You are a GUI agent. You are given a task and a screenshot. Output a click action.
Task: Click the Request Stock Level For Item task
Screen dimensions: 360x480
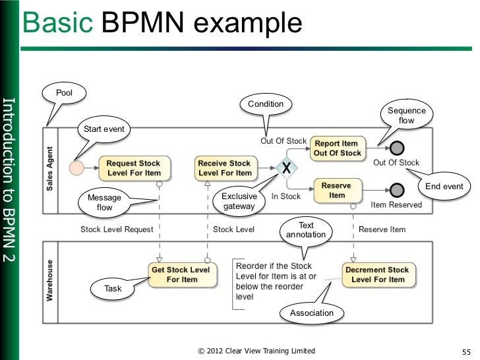(x=134, y=168)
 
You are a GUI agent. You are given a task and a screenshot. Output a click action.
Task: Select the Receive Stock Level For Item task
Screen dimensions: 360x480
(x=225, y=168)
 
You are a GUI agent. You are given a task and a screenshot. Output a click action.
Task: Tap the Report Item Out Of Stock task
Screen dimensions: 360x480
(x=337, y=148)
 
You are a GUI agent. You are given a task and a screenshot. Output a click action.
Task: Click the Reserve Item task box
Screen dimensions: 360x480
(x=336, y=191)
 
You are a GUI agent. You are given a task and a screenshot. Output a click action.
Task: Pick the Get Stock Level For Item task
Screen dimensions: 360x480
(x=181, y=274)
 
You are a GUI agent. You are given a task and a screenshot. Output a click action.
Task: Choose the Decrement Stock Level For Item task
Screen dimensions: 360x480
(x=378, y=274)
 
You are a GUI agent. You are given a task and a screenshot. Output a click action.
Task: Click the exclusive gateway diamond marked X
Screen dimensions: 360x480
(x=286, y=169)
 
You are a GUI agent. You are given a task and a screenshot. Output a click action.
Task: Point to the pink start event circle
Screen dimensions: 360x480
(x=76, y=168)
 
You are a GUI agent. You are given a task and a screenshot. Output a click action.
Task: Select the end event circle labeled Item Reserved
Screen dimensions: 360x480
(x=396, y=191)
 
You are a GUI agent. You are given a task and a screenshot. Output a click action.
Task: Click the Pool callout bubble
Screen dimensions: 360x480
(x=65, y=93)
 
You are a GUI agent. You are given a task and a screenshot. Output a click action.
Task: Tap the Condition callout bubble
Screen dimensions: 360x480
(x=266, y=104)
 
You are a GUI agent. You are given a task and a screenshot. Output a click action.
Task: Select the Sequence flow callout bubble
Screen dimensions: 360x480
(x=406, y=115)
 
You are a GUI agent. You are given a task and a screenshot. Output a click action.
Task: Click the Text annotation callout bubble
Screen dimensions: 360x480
(x=307, y=230)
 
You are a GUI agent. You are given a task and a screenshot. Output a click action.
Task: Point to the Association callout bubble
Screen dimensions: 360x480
(x=312, y=313)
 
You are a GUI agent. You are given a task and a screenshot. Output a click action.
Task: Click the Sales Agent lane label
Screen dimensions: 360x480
(x=51, y=169)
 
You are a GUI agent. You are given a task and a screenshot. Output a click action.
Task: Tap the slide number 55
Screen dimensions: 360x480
(x=465, y=351)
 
